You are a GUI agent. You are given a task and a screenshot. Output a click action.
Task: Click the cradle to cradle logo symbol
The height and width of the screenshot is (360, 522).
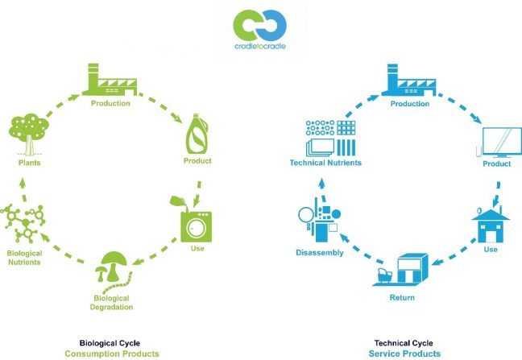259,26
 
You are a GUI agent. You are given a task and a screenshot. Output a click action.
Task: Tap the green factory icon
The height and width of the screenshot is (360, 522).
110,80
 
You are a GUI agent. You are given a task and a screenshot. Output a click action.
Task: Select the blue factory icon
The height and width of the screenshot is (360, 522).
408,80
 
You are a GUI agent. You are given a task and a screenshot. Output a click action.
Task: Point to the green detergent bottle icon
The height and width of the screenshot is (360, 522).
197,134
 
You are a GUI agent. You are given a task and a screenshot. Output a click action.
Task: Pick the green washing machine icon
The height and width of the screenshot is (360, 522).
196,226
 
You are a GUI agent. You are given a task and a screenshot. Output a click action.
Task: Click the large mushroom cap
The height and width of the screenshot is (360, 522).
114,259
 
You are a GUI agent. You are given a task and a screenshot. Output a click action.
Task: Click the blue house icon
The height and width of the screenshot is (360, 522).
491,226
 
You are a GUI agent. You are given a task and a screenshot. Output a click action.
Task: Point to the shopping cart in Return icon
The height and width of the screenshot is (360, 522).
384,275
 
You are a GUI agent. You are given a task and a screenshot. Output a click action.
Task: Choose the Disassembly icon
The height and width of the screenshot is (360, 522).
320,220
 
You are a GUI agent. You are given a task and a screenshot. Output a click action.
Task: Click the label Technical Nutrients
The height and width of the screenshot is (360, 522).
325,163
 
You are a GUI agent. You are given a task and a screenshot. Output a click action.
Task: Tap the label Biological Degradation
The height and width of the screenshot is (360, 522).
111,303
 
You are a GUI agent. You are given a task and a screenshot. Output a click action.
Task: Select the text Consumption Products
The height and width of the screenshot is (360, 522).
112,354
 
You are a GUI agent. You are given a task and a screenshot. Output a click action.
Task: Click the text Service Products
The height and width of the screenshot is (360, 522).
404,354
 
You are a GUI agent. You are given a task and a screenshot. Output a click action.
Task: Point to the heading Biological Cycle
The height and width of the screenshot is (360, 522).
110,343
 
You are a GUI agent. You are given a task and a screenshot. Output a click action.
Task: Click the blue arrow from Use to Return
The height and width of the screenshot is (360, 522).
454,252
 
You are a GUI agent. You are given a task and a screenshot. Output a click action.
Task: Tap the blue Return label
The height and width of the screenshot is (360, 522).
402,297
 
